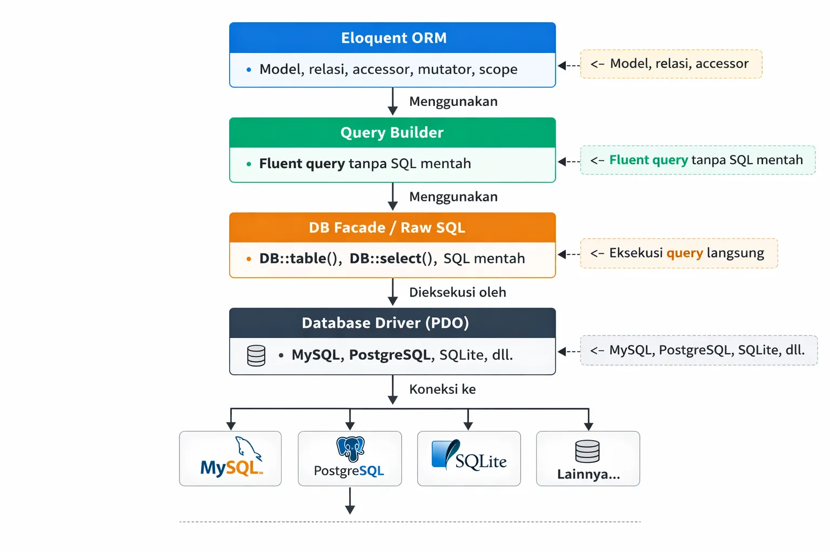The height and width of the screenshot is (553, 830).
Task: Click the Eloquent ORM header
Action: pos(393,38)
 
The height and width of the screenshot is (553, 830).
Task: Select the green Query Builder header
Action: pos(392,133)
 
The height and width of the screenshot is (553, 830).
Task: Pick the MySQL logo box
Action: pos(231,458)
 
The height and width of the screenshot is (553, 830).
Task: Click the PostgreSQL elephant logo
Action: pos(350,448)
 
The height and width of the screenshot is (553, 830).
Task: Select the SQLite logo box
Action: pos(468,458)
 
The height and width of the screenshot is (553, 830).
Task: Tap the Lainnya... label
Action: pos(588,474)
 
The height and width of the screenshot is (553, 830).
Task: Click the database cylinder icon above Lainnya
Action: pos(587,451)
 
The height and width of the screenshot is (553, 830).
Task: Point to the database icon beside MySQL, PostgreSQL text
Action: pos(256,356)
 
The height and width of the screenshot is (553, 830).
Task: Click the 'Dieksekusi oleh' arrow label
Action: pos(457,292)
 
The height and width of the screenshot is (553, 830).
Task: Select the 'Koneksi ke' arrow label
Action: pos(442,389)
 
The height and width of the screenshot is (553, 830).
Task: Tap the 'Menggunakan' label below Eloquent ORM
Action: pos(453,102)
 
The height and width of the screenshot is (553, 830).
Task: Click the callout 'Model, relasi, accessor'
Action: pos(671,64)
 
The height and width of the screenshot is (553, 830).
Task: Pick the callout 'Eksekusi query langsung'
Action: pos(679,253)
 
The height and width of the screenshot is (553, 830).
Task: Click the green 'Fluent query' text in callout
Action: pos(648,160)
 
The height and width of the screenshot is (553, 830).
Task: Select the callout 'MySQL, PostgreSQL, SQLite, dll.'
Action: pos(699,350)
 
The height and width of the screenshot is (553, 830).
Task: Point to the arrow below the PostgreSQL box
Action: pos(350,501)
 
